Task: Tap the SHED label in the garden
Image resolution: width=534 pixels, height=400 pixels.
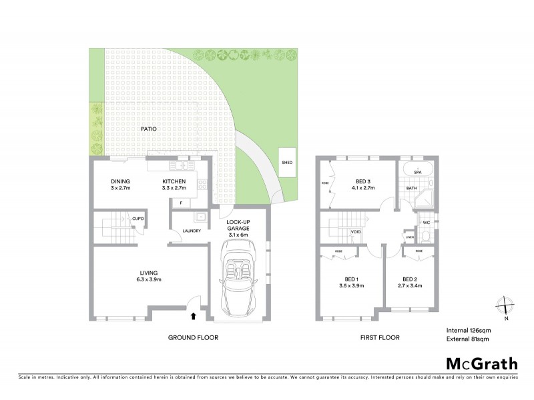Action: click(x=287, y=162)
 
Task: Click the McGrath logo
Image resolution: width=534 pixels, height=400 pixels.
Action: click(x=481, y=363)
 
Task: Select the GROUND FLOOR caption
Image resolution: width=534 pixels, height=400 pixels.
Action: click(x=193, y=338)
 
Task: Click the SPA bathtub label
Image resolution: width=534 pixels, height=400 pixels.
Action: click(x=417, y=172)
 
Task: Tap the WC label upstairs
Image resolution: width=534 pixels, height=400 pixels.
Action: click(x=426, y=222)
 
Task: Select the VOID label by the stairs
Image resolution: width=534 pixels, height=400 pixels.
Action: click(x=356, y=232)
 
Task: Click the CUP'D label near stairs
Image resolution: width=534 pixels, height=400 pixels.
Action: click(x=139, y=218)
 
